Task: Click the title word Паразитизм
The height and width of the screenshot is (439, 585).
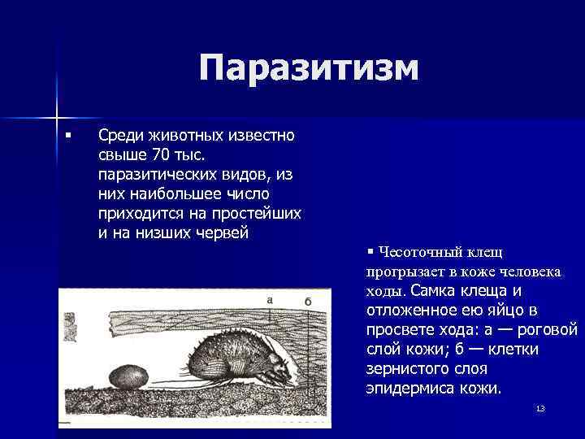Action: click(x=310, y=68)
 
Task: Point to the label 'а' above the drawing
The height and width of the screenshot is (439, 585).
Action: click(x=269, y=300)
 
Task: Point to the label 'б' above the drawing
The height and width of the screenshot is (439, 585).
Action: click(x=308, y=301)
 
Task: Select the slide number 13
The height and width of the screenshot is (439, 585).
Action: click(x=539, y=407)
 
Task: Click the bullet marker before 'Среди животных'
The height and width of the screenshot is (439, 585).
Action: click(x=70, y=134)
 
